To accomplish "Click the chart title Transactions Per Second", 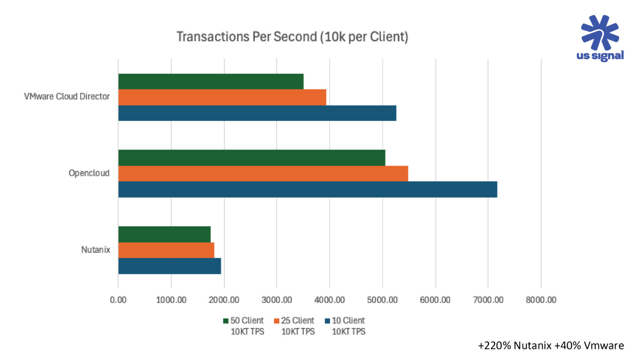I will coord(292,37).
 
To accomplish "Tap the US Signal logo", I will coord(600,38).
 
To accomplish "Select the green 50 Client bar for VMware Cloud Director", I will coord(211,81).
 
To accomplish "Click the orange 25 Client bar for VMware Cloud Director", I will coord(222,97).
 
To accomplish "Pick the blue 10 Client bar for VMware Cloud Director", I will coord(257,113).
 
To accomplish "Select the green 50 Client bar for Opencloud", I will coord(252,157).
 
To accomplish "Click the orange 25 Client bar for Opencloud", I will coord(263,173).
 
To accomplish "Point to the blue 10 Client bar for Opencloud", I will coord(307,189).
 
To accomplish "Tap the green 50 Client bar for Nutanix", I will coord(165,234).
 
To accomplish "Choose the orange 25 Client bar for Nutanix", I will coord(166,250).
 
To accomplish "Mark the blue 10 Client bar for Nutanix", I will coord(170,266).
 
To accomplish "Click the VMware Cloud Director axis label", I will coord(67,97).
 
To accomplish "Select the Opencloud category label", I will coord(89,173).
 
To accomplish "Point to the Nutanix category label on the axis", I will coord(95,250).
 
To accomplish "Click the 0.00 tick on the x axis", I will coord(118,300).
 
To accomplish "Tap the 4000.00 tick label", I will coord(330,300).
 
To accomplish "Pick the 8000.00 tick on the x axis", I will coord(541,300).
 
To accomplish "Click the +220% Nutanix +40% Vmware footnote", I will coord(550,346).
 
